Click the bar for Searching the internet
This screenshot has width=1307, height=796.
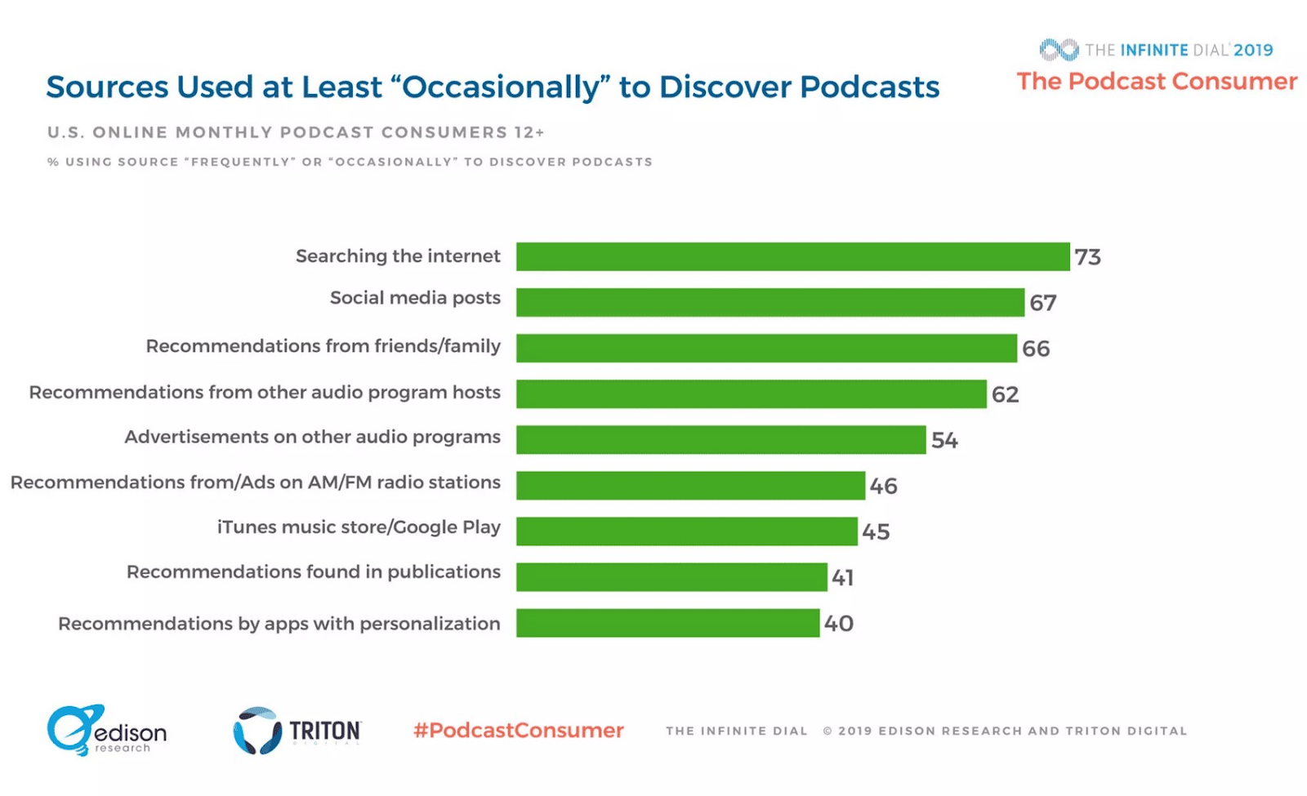click(792, 256)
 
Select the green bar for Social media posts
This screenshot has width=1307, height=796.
click(769, 302)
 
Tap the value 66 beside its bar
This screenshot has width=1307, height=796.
click(1036, 349)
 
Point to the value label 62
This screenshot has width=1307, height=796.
click(1005, 394)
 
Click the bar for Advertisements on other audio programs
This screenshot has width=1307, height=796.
click(720, 439)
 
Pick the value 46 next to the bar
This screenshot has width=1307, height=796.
click(883, 486)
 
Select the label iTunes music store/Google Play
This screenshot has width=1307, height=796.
click(359, 527)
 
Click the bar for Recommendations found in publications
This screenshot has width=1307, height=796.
click(671, 576)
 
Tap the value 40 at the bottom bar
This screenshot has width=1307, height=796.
click(838, 623)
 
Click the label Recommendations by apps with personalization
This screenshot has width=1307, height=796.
click(279, 624)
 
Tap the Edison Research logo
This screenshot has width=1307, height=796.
click(106, 730)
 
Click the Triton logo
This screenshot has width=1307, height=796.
click(297, 730)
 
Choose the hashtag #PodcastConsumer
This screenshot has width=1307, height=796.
click(518, 730)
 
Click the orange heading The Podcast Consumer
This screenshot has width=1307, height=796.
click(1157, 82)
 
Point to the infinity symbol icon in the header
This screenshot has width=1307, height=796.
click(1059, 50)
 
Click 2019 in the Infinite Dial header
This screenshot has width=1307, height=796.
click(1253, 50)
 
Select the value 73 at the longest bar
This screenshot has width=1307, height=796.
click(1087, 257)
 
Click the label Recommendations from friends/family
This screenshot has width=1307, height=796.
click(323, 346)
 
